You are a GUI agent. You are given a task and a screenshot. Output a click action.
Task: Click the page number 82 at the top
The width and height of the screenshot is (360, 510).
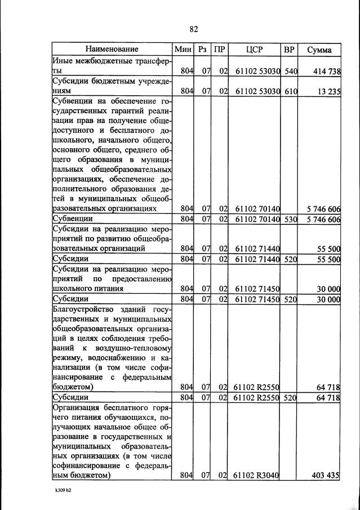(194, 29)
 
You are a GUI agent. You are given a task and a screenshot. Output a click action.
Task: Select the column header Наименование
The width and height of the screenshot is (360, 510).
(112, 50)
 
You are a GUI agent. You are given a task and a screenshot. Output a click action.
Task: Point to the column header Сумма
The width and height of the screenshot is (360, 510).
(319, 50)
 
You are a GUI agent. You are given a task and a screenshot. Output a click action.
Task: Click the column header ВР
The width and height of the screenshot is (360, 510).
(289, 50)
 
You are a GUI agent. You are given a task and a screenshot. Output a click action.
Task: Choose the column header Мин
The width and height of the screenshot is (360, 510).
(184, 50)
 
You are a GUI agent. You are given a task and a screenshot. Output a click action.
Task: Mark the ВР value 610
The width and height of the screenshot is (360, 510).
(290, 91)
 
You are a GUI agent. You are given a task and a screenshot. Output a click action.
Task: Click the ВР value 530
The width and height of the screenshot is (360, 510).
(290, 219)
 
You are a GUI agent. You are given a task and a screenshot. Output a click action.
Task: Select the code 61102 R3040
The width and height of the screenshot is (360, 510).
(257, 476)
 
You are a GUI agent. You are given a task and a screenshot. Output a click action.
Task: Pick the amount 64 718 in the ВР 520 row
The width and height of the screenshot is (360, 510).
(325, 398)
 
